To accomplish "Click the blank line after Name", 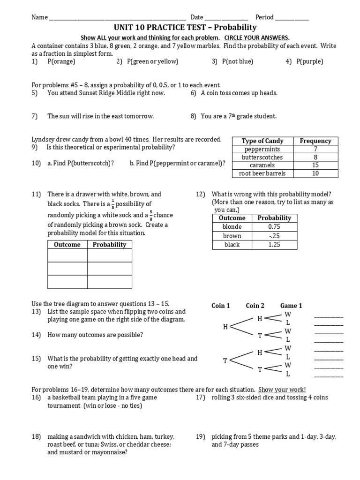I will [x=117, y=18].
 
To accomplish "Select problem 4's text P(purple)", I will [x=310, y=61].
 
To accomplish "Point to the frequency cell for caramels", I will [x=315, y=165].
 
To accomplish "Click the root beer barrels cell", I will [x=262, y=173].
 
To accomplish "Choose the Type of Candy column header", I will [x=262, y=141].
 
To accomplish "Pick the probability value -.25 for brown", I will [x=274, y=236].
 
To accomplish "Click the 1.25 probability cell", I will [x=274, y=244].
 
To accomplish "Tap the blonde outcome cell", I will [x=232, y=227].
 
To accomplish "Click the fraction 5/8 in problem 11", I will [x=151, y=215].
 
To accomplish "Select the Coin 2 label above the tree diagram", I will [x=255, y=306].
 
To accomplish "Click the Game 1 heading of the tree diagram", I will [x=291, y=306].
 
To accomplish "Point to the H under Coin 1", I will [x=225, y=327].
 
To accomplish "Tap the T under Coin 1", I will [x=225, y=360].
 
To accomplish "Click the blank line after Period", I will [x=292, y=18].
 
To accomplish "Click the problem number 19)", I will [x=201, y=436].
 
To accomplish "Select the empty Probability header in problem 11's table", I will [x=109, y=244].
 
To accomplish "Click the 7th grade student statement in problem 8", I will [x=239, y=116].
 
